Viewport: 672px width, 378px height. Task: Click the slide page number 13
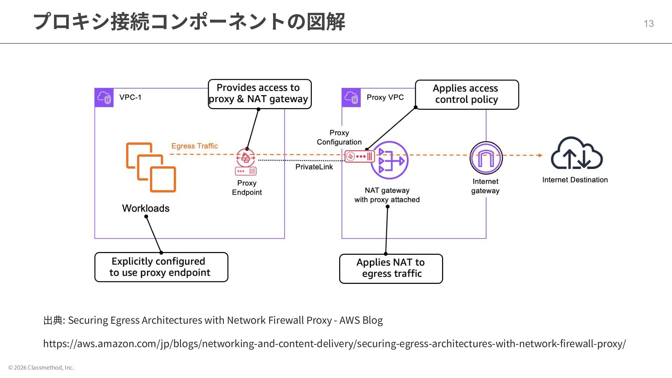click(x=649, y=23)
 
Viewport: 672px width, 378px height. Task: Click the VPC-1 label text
click(x=130, y=97)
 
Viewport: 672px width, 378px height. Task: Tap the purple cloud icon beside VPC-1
click(x=104, y=98)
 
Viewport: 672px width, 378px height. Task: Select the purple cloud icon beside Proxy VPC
click(x=351, y=98)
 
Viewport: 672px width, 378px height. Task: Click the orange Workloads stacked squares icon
click(x=151, y=167)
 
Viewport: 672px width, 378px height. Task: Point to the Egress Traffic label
click(x=195, y=146)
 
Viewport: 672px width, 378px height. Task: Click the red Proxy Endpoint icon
click(x=246, y=162)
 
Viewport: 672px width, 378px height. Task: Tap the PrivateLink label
click(x=314, y=167)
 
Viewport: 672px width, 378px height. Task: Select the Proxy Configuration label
click(x=339, y=137)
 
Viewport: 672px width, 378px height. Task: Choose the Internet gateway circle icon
click(x=486, y=158)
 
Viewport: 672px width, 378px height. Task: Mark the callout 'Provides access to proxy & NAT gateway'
click(x=259, y=94)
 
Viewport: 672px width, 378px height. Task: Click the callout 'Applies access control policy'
click(x=467, y=94)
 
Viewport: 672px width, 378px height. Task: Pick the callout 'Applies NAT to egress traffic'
click(x=391, y=268)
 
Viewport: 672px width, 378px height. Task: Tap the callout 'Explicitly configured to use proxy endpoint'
click(x=161, y=267)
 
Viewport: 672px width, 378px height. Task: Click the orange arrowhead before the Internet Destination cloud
click(x=540, y=155)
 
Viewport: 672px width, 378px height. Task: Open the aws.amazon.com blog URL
click(x=334, y=344)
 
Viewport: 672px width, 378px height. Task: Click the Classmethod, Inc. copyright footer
click(x=41, y=367)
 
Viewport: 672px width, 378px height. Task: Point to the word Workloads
click(x=146, y=208)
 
